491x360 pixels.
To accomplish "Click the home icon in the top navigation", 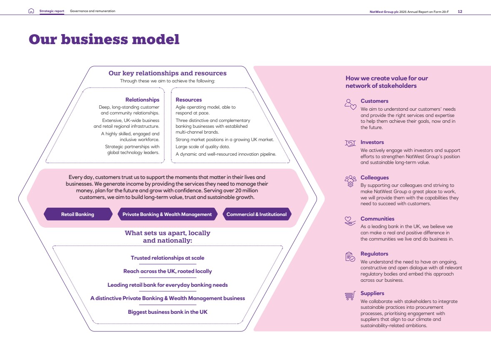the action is click(31, 11).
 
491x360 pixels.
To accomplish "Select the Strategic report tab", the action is click(52, 11).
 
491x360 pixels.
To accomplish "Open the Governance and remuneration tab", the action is click(93, 11).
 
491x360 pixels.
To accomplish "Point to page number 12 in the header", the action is click(460, 12).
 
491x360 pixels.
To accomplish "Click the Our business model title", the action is click(104, 40).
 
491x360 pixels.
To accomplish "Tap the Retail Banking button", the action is click(78, 214).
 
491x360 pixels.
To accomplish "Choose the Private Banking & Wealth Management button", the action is click(167, 214).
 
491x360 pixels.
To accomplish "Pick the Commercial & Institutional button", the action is click(257, 214).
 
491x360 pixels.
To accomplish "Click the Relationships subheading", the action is click(142, 99).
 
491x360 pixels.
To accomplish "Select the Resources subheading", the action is click(189, 99).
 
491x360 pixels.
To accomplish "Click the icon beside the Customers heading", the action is click(350, 104).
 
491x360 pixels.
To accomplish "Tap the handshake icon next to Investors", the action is click(350, 143).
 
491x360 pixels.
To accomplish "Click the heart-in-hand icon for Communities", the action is click(350, 221).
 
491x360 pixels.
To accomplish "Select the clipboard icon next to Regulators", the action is click(350, 257).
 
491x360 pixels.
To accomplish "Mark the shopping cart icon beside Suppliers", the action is click(350, 295).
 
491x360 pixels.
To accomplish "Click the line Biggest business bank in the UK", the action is click(167, 312).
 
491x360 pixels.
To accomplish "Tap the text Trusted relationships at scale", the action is click(167, 258).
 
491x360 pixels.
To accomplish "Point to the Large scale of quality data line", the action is click(202, 146).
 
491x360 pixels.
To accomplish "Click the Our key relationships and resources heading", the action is click(167, 73).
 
